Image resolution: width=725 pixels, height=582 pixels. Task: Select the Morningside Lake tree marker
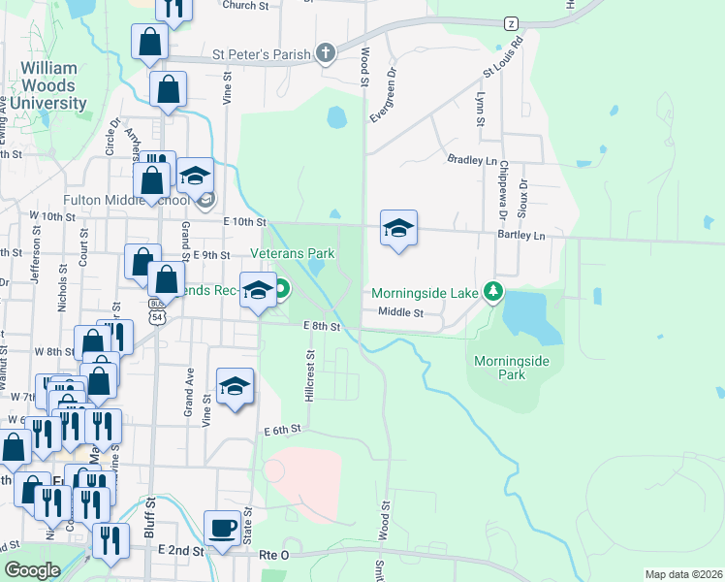(493, 291)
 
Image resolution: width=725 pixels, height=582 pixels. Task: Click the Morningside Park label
(512, 368)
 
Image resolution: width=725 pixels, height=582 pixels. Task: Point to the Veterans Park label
(292, 253)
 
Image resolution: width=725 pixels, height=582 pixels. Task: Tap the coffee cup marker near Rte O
(223, 529)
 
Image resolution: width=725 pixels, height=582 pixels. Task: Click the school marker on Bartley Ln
(398, 229)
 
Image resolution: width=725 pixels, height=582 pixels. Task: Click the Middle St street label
(401, 312)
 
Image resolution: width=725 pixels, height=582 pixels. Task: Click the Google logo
(32, 570)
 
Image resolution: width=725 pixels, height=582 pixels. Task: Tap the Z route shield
(511, 22)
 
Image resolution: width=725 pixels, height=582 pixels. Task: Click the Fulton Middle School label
(126, 201)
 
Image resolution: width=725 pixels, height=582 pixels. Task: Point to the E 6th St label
(284, 429)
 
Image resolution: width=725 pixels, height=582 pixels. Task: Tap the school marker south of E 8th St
(235, 386)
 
